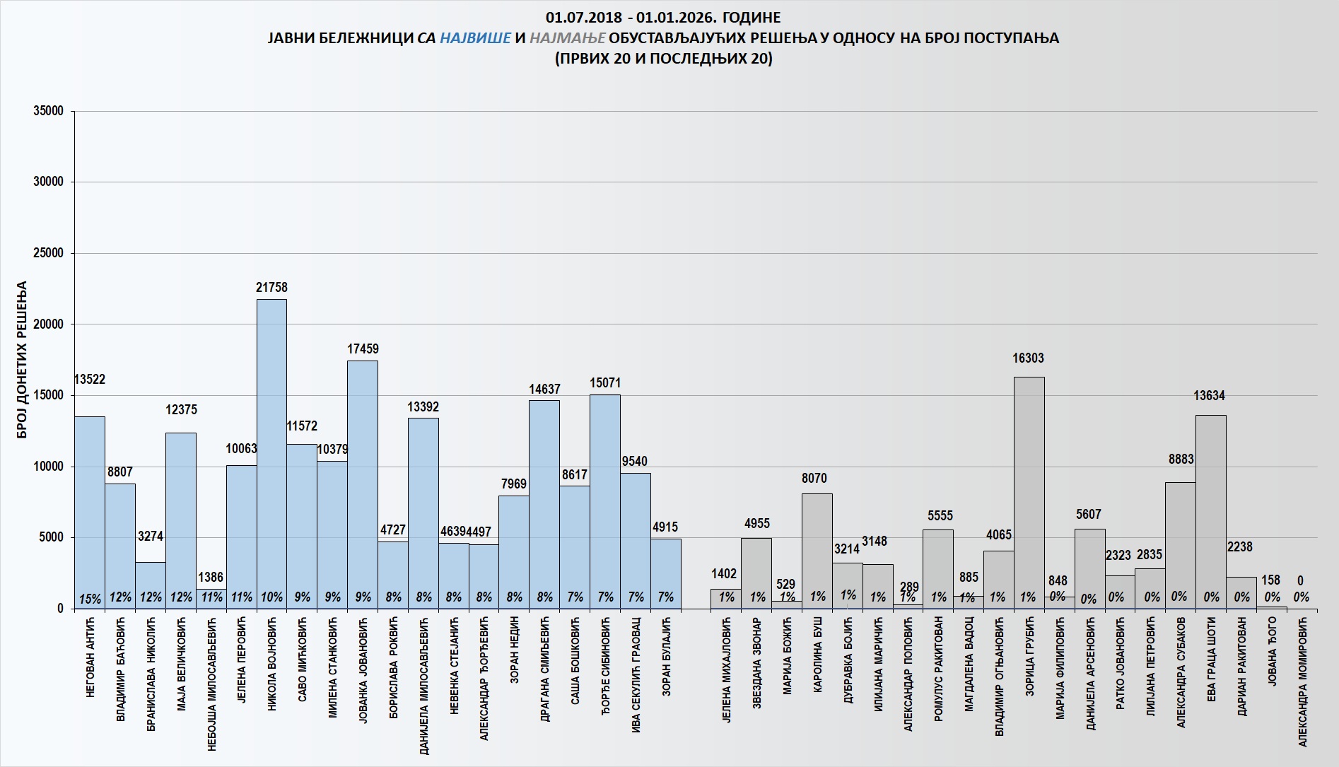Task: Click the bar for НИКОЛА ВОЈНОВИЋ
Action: [x=271, y=452]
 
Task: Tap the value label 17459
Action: [x=363, y=349]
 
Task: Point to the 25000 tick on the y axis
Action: [x=49, y=253]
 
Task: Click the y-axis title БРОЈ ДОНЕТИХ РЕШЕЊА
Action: [x=22, y=360]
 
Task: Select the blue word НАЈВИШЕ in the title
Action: [x=475, y=38]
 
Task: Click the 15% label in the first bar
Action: [x=90, y=599]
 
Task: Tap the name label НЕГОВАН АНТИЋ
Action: [x=90, y=657]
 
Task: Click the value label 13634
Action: [x=1209, y=396]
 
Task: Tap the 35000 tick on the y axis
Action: [x=49, y=111]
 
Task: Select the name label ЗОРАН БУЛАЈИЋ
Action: [x=667, y=657]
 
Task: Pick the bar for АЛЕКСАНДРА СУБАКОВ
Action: [x=1180, y=544]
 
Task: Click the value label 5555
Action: [x=940, y=516]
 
